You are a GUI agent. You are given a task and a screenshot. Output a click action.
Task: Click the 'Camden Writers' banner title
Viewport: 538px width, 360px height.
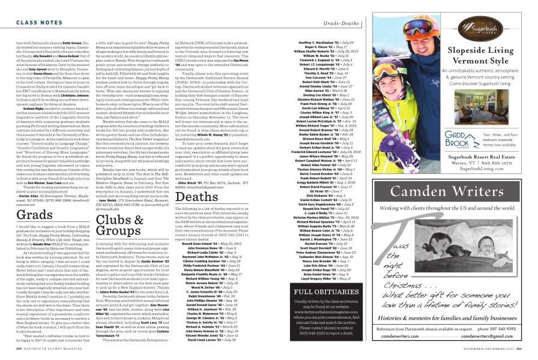[x=441, y=178]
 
